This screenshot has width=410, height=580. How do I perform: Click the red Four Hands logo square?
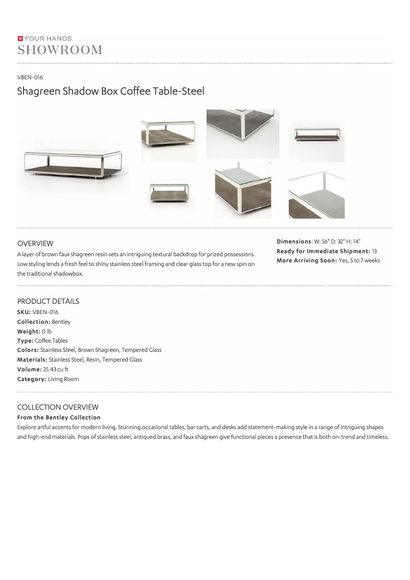coord(20,38)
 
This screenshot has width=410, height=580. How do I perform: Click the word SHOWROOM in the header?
coord(60,50)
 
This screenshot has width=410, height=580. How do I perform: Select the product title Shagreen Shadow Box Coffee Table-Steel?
coord(110,92)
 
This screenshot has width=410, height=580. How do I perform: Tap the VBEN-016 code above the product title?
coord(30,77)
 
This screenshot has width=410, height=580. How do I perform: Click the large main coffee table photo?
coord(73,165)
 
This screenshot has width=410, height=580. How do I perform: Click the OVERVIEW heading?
coord(35,243)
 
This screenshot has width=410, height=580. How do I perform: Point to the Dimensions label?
coord(293,241)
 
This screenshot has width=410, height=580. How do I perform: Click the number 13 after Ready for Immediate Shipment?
coord(374,251)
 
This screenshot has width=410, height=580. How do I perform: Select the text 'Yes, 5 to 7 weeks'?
coord(359,261)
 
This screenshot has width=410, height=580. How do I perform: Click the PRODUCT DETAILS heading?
coord(48,301)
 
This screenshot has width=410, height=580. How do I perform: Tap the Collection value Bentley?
coord(61,322)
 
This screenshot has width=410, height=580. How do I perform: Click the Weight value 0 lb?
coord(47,331)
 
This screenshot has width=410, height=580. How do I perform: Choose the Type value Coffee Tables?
coord(51,341)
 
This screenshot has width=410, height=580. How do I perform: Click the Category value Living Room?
coord(63,379)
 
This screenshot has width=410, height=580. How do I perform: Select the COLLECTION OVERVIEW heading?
coord(58,407)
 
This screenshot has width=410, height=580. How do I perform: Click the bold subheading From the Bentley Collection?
coord(59,417)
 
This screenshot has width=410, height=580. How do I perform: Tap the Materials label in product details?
coord(32,360)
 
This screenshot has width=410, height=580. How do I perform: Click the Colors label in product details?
coord(28,350)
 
